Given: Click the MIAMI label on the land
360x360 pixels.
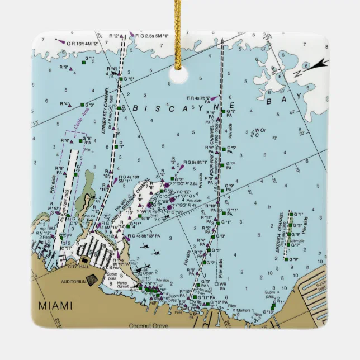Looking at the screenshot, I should tap(55, 305).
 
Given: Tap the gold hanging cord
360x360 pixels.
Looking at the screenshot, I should tap(178, 28).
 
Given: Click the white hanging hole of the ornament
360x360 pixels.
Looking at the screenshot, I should tap(178, 76).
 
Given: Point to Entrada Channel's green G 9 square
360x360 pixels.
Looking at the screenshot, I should tap(285, 259).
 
